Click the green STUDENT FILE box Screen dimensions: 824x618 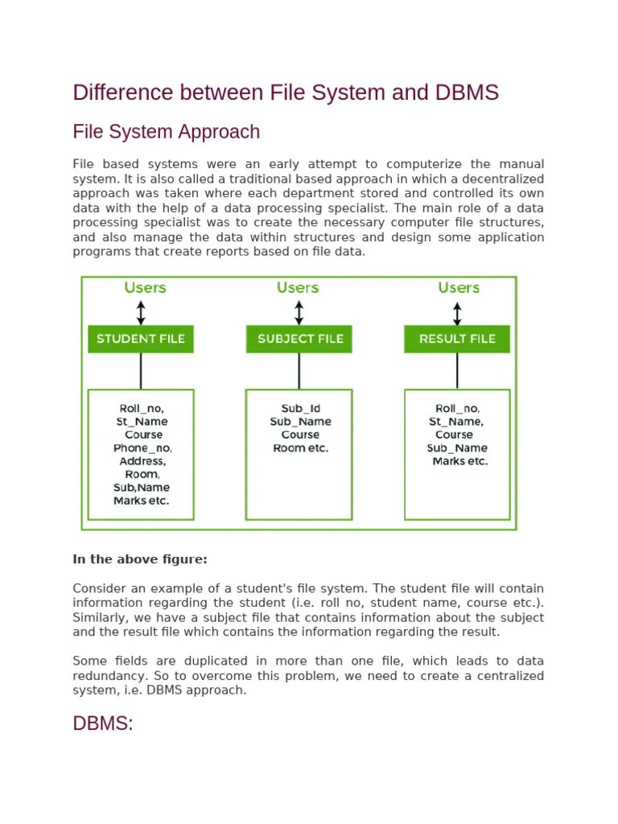pyautogui.click(x=141, y=339)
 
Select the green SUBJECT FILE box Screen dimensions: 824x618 pyautogui.click(x=299, y=339)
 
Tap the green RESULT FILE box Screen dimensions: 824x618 pyautogui.click(x=457, y=339)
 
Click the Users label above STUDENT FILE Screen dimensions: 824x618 pyautogui.click(x=145, y=287)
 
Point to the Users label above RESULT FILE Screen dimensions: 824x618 pyautogui.click(x=459, y=287)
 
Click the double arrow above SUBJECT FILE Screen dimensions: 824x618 pyautogui.click(x=299, y=312)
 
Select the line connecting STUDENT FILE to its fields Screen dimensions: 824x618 pyautogui.click(x=141, y=371)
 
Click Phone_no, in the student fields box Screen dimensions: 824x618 pyautogui.click(x=142, y=447)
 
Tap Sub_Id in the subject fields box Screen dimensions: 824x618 pyautogui.click(x=300, y=409)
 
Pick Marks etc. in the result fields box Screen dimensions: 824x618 pyautogui.click(x=459, y=461)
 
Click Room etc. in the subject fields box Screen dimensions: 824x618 pyautogui.click(x=300, y=447)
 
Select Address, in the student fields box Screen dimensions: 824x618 pyautogui.click(x=142, y=461)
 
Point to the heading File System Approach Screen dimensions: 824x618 pyautogui.click(x=166, y=132)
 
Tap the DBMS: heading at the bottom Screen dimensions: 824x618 pyautogui.click(x=102, y=723)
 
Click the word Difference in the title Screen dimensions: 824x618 pyautogui.click(x=122, y=93)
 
